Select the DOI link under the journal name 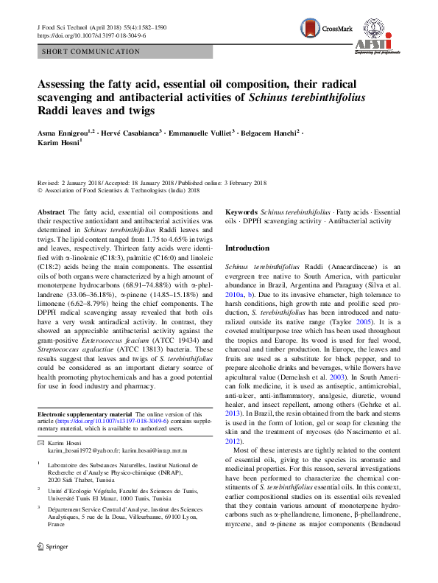coord(91,35)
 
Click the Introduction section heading coord(247,248)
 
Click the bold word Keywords coord(241,211)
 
